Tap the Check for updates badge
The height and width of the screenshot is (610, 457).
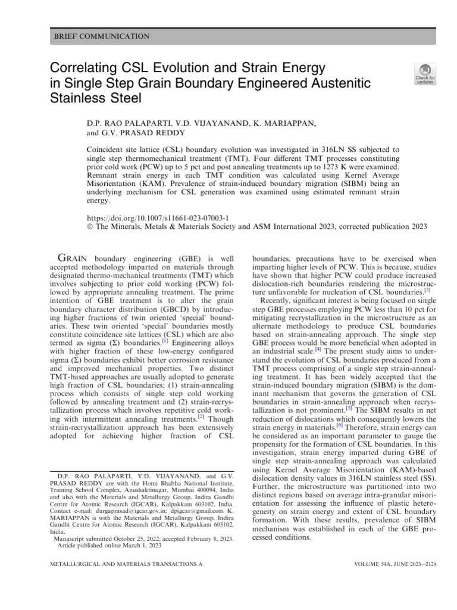pyautogui.click(x=425, y=74)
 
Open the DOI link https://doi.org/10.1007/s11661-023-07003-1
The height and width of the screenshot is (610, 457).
pyautogui.click(x=158, y=219)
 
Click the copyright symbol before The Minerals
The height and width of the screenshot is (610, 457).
pyautogui.click(x=90, y=227)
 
